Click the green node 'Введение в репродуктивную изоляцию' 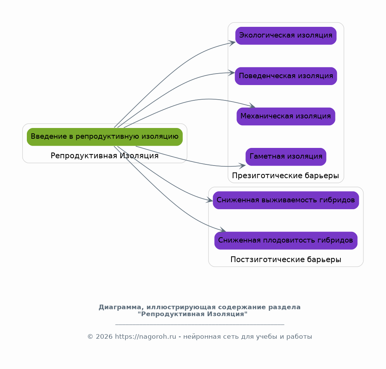coord(105,137)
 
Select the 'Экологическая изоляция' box coord(286,36)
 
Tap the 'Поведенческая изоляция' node coord(286,76)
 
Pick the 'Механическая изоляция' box coord(286,116)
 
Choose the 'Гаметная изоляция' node coord(286,157)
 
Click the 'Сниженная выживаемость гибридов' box coord(286,200)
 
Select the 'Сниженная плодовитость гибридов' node coord(286,241)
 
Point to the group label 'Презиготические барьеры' coord(286,176)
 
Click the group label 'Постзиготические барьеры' coord(286,260)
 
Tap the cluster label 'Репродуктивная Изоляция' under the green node coord(105,156)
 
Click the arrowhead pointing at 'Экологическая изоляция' coord(232,43)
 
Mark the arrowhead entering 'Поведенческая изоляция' coord(232,73)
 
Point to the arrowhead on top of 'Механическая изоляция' coord(252,106)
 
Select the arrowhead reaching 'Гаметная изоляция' coord(243,166)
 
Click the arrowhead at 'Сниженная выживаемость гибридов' coord(210,200)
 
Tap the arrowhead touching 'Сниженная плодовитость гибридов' coord(223,230)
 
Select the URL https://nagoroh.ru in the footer coord(146,337)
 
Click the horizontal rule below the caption coord(200,325)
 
